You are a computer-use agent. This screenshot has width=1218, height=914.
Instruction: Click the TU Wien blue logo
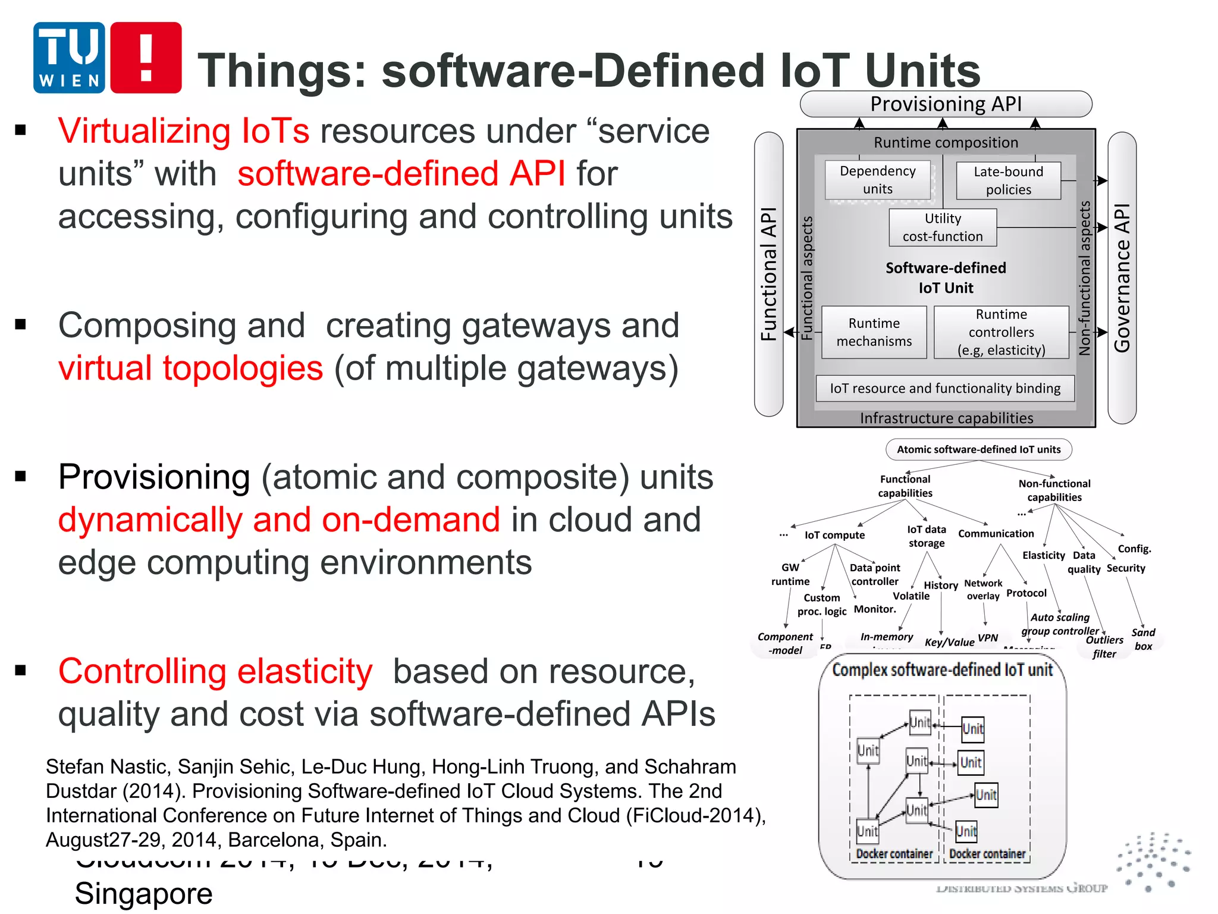[69, 58]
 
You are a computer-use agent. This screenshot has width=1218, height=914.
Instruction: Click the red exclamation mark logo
[146, 58]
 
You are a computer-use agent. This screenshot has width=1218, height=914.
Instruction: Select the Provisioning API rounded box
[946, 104]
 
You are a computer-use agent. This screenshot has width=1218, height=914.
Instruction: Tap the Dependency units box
[877, 180]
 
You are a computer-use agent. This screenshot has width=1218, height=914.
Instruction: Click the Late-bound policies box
[1008, 180]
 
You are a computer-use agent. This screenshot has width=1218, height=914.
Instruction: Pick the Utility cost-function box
[943, 227]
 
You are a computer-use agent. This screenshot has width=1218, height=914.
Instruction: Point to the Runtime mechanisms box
[874, 332]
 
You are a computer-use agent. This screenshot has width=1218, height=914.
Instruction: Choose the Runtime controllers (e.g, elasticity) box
[1001, 332]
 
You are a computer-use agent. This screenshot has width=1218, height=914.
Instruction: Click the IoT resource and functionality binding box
[945, 389]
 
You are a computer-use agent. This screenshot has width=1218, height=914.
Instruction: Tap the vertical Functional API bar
[768, 274]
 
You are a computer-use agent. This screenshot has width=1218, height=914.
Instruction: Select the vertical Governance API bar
[1122, 277]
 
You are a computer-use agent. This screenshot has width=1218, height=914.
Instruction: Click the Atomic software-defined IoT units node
[978, 449]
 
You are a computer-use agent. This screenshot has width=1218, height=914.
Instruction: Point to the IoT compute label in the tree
[834, 535]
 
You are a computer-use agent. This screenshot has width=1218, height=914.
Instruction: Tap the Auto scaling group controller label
[1060, 624]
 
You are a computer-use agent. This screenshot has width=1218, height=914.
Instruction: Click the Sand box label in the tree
[1143, 639]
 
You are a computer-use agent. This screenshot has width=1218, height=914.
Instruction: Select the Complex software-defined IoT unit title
[942, 670]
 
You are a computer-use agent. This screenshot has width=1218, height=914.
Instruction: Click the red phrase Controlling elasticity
[215, 672]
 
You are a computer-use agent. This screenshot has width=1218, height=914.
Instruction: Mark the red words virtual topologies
[190, 368]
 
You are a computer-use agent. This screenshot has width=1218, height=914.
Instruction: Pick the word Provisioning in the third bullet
[154, 477]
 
